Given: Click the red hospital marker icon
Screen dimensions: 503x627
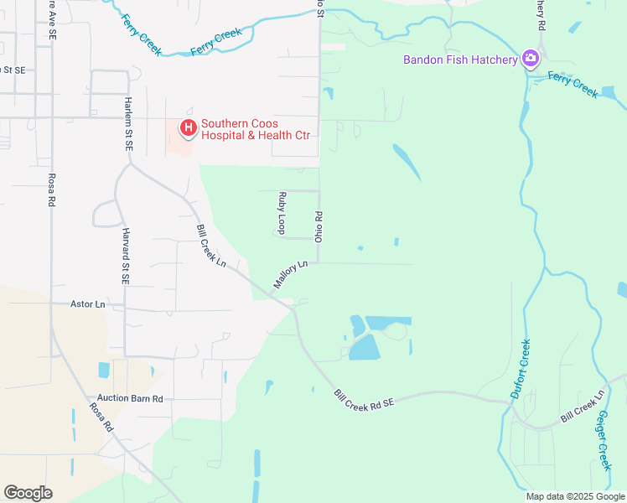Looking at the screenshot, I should (x=189, y=128).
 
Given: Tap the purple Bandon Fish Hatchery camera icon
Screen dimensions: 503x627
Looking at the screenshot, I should (x=530, y=59).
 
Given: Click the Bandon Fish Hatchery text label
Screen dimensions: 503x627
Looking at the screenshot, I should (x=459, y=60).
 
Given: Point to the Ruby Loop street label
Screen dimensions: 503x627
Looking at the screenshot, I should (x=282, y=213).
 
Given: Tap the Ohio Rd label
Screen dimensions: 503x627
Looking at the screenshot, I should (x=319, y=226).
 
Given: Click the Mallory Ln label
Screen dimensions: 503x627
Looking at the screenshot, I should (x=291, y=275).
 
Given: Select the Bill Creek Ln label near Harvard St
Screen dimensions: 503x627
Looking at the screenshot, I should (x=211, y=246).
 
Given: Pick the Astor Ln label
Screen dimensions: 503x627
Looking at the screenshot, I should (x=88, y=304).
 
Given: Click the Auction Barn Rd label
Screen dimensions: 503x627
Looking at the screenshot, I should (x=129, y=398).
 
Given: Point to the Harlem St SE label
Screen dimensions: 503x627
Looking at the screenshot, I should (x=128, y=122).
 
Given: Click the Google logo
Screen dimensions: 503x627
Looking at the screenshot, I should (x=28, y=492).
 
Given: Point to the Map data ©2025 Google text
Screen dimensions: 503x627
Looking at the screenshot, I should (x=575, y=496).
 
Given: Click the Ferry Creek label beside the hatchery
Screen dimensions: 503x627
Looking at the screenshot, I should (x=573, y=84).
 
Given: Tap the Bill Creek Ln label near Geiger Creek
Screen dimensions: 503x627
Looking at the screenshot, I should (x=582, y=406).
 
